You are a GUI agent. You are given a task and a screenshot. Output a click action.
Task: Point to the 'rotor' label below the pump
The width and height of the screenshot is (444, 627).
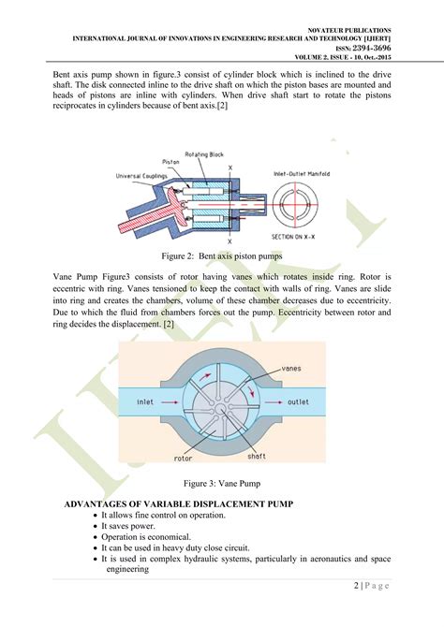(185, 459)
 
